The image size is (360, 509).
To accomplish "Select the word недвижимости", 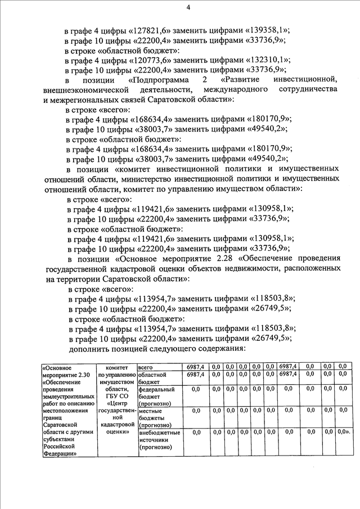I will (x=244, y=269).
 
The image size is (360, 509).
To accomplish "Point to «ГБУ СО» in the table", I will (x=117, y=395).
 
